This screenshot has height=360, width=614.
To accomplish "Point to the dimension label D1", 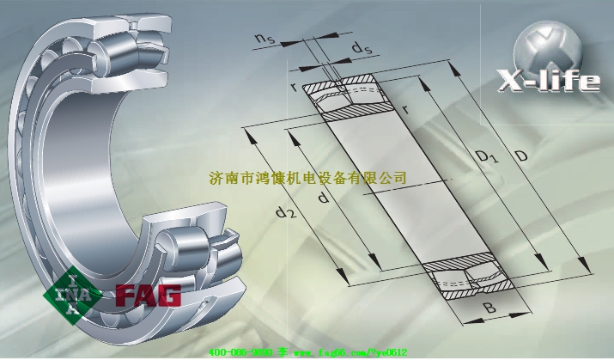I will click(488, 156).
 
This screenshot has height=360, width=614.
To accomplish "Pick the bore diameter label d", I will click(323, 199).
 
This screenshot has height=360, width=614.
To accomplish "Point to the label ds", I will click(362, 48).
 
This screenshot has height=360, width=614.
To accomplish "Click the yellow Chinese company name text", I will click(307, 178).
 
